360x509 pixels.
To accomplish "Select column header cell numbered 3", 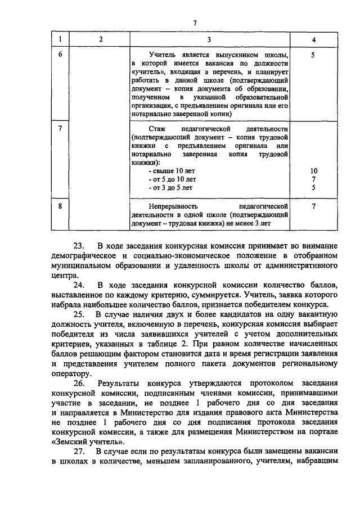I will coord(209,39).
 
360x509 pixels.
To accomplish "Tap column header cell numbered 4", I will coord(313,39).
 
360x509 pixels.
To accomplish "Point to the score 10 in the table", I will coord(313,170).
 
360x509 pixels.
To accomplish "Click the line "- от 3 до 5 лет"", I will coord(169,187).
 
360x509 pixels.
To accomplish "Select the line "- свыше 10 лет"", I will coord(170,170).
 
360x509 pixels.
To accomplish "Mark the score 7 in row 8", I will coord(313,206).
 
